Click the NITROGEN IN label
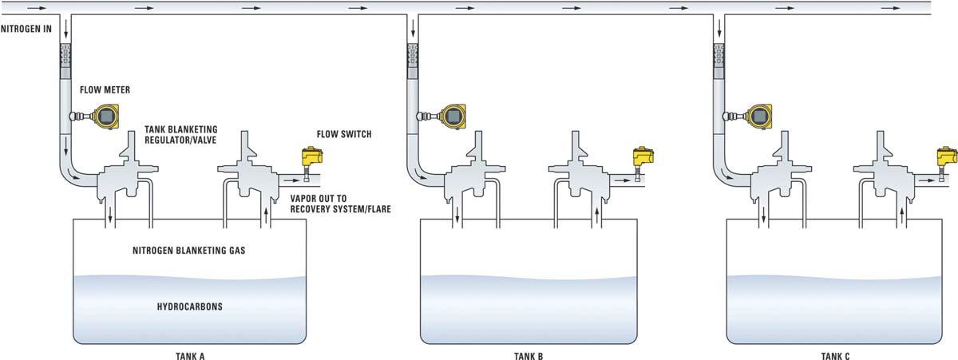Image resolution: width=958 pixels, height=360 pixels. point(26,29)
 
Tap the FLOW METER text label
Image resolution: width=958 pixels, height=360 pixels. point(105,89)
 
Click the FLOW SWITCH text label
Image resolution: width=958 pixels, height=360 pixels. point(344,134)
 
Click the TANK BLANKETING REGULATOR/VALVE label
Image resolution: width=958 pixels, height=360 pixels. point(181,135)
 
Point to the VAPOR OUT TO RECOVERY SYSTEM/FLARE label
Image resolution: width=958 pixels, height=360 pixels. point(340,204)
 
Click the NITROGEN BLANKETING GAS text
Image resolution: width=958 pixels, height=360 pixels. point(189,251)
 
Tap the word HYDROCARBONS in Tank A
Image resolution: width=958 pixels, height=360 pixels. point(189,307)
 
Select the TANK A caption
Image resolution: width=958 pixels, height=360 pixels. point(190,356)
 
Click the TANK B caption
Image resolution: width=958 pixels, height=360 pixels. point(528,356)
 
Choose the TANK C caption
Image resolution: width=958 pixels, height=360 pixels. point(835,356)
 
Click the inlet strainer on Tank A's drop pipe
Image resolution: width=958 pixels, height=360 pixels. point(65,57)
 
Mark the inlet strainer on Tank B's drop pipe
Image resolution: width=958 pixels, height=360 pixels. point(413,57)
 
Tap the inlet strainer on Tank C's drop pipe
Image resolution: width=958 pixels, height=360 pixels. point(719,57)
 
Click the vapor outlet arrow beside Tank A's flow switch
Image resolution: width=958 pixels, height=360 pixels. point(291,180)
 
